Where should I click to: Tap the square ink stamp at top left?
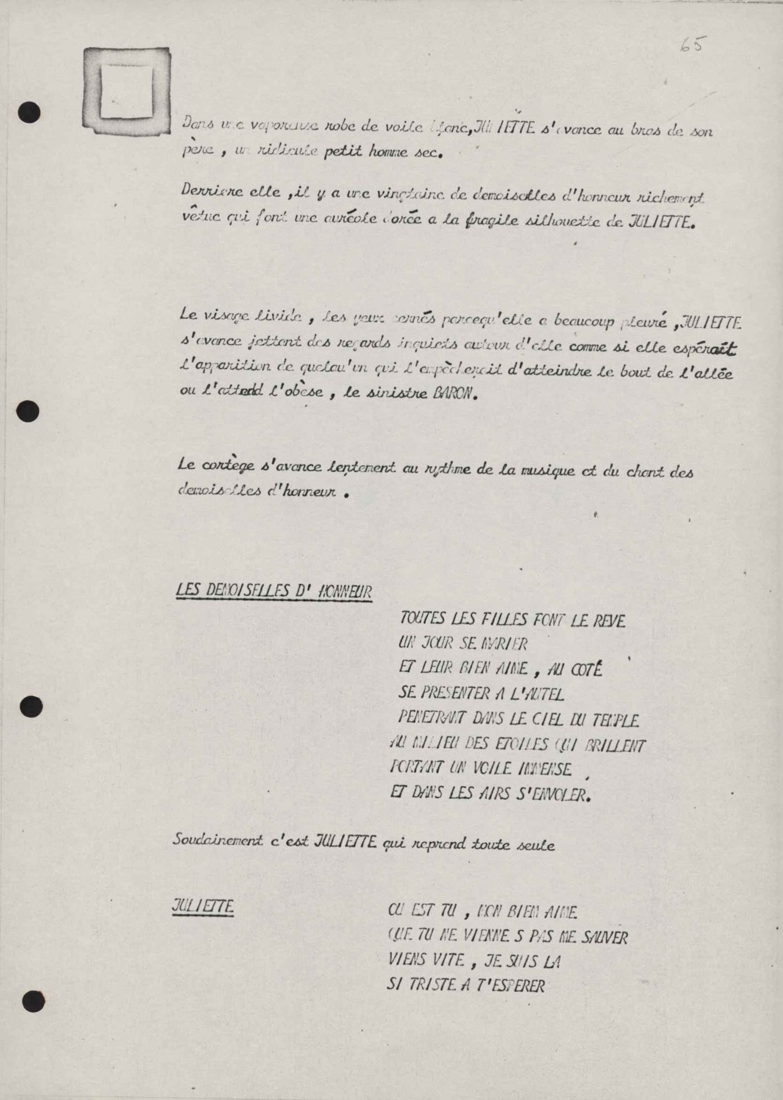tap(127, 91)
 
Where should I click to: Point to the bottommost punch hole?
tap(33, 1000)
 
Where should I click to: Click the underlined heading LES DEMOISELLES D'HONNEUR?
tap(274, 591)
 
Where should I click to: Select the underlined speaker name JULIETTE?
tap(202, 907)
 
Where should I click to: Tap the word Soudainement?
tap(218, 841)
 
